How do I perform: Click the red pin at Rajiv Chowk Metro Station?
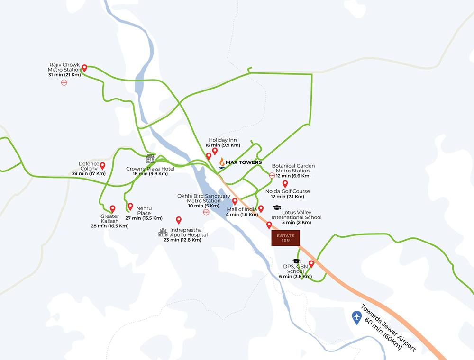[84, 68]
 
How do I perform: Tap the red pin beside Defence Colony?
[102, 165]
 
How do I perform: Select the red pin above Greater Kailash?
[113, 208]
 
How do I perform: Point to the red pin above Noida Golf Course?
[285, 183]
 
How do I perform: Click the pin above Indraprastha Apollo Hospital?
[179, 220]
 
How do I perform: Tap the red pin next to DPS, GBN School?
[311, 264]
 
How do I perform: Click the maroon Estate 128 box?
[285, 238]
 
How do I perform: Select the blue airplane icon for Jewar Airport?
[356, 316]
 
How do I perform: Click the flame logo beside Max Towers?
[221, 162]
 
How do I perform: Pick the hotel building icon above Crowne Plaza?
[150, 159]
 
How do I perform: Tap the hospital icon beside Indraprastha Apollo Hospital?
[163, 232]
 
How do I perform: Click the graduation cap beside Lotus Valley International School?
[277, 208]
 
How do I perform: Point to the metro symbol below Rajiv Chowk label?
[64, 82]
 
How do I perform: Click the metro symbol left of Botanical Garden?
[272, 175]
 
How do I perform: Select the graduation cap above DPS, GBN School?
[296, 261]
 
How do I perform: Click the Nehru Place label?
[144, 210]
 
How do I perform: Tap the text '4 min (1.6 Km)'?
[242, 215]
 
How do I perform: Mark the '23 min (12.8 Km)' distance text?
[182, 240]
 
